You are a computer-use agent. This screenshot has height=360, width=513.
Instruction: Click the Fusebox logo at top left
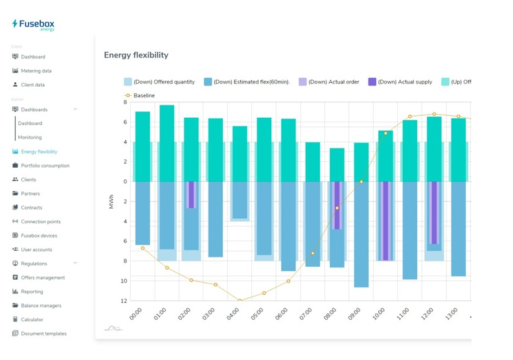pos(33,25)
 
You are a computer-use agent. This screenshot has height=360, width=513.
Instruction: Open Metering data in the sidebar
pos(36,71)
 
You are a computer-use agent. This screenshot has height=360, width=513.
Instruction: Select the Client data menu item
pos(32,85)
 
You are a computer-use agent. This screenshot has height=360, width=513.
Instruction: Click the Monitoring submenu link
pos(30,137)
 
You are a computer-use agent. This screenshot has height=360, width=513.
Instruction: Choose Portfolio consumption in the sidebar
pos(45,166)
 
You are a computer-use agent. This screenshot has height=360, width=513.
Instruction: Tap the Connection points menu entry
pos(40,221)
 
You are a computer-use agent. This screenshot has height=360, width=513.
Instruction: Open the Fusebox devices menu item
pos(39,236)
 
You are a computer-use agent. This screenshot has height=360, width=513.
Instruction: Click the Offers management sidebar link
pos(43,278)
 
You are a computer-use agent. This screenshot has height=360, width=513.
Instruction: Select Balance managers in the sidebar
pos(41,306)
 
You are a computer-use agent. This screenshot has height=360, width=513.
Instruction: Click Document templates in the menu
pos(43,333)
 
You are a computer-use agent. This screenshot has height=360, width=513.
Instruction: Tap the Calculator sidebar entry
pos(32,320)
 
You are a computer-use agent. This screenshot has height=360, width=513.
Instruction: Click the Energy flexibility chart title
pos(136,55)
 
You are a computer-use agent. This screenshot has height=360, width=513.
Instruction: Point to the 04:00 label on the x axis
pos(233,314)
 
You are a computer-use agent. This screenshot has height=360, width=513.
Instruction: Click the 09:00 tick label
pos(355,314)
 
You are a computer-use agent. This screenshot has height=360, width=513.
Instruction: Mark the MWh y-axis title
pos(111,201)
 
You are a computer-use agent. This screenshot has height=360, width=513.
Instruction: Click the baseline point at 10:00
pos(385,133)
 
